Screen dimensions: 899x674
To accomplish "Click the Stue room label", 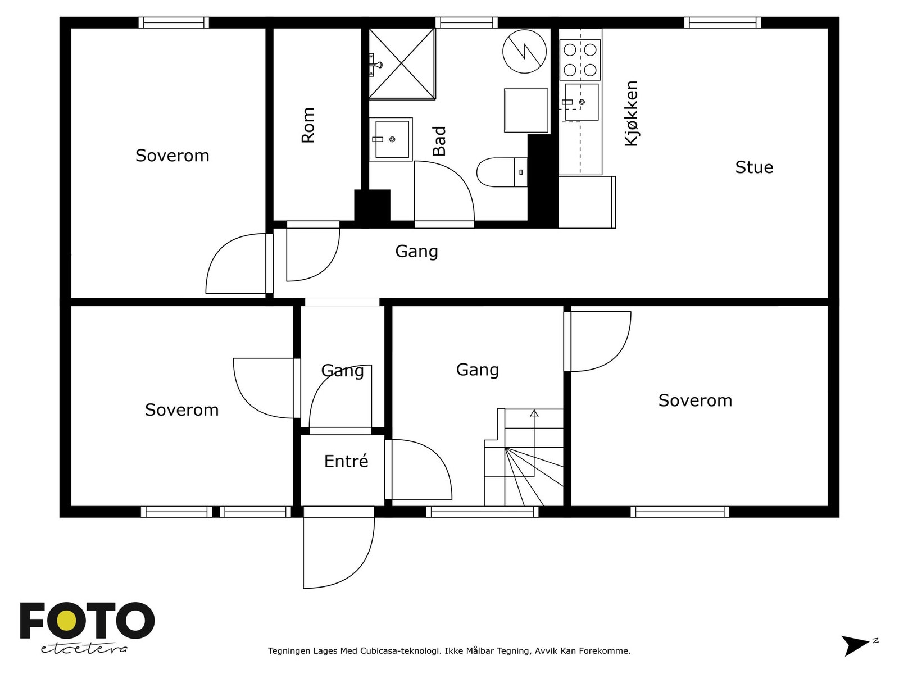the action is (754, 167).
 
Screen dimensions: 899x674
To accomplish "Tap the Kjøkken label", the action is (631, 113).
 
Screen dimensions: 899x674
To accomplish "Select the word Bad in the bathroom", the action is (439, 141).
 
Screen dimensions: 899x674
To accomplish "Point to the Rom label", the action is (307, 125).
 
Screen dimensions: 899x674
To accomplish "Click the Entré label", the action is (346, 461).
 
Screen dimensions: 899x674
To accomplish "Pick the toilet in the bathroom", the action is (502, 172).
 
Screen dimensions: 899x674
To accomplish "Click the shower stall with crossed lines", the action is (402, 63).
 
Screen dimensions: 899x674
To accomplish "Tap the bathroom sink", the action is (391, 139).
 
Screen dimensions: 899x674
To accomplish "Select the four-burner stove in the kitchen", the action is (580, 60).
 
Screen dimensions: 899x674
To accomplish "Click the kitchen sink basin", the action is (582, 102).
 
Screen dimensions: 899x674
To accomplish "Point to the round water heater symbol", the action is (524, 51).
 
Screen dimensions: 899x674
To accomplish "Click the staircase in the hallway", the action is (524, 457).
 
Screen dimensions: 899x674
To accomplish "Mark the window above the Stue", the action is (723, 22).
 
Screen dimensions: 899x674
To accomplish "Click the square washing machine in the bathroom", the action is (526, 111).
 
